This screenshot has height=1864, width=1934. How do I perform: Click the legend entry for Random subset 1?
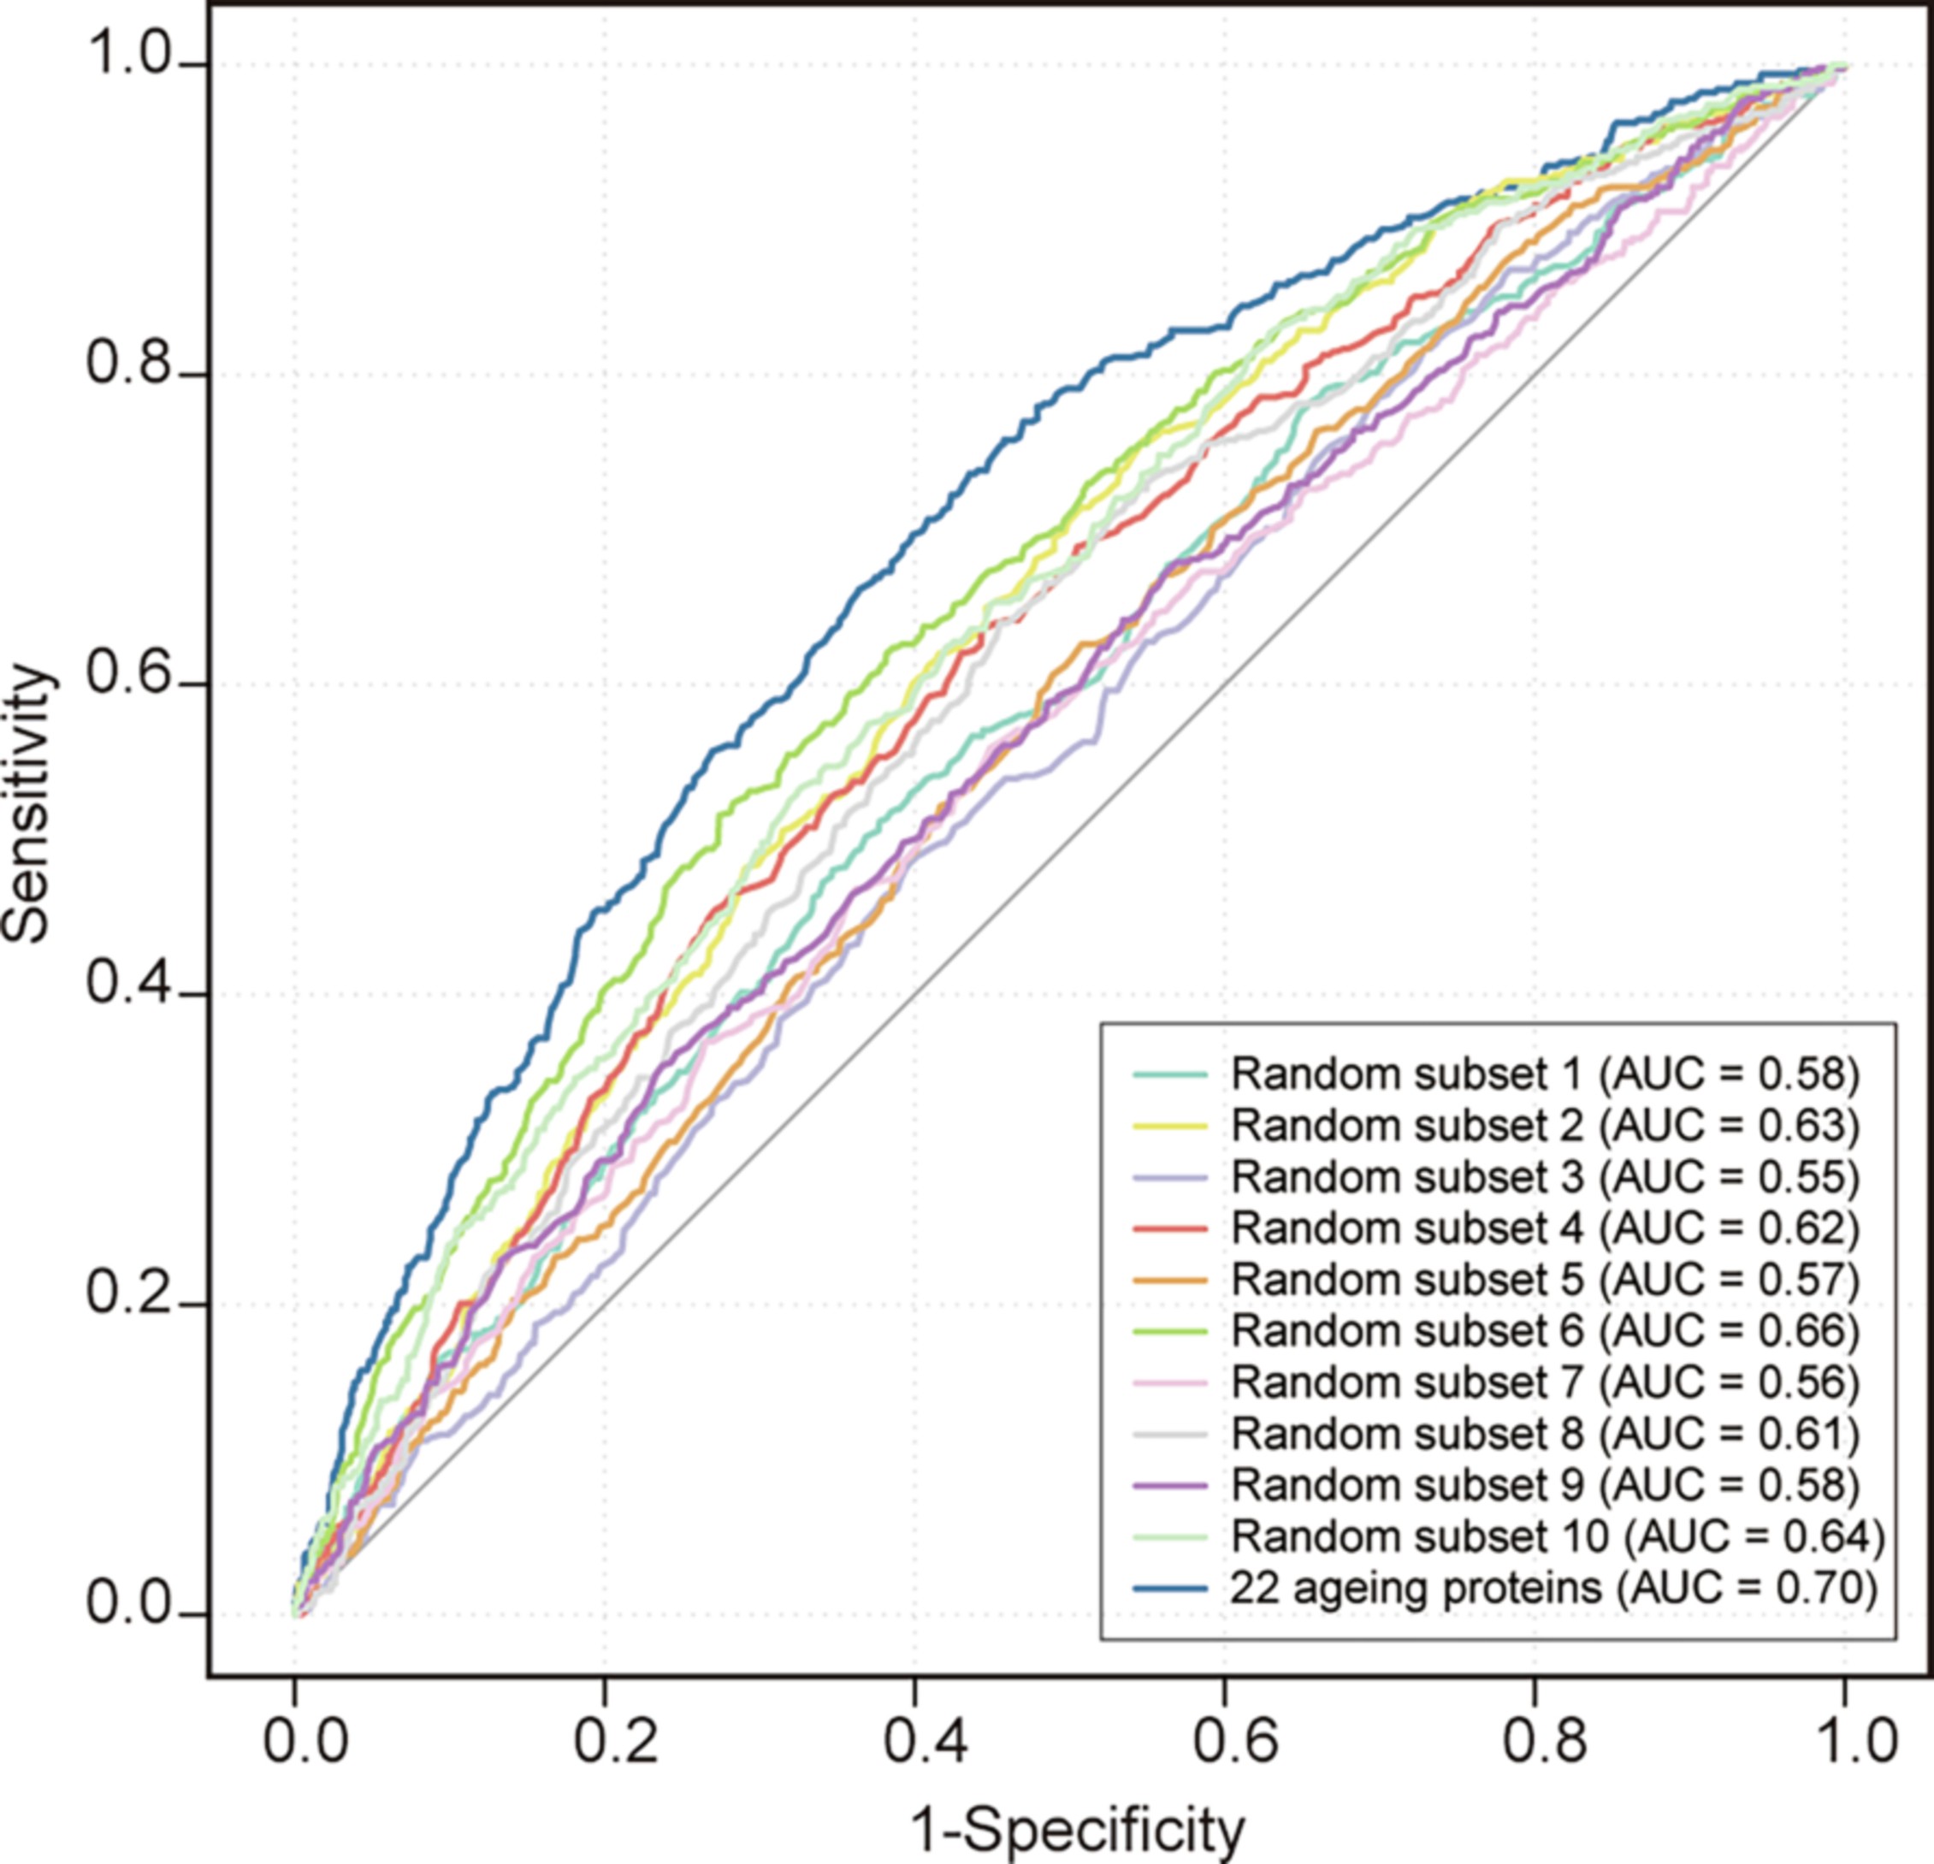click(1544, 1074)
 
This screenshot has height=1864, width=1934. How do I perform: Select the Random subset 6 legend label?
click(1544, 1330)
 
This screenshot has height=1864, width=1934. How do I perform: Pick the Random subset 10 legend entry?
click(1557, 1536)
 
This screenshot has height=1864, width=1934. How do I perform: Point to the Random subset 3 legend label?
click(1544, 1176)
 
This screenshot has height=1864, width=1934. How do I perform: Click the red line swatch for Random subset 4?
click(1170, 1228)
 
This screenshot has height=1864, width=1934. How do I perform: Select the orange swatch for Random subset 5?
click(1170, 1280)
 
